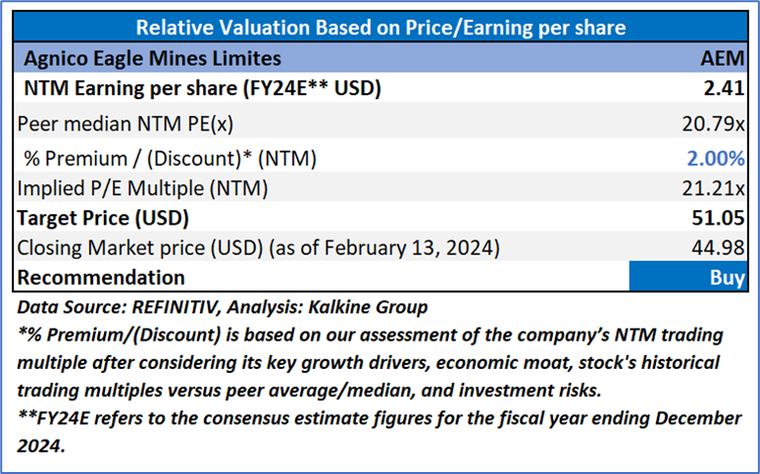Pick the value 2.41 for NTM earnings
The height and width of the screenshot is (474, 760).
[x=726, y=89]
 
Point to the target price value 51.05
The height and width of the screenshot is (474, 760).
[x=721, y=217]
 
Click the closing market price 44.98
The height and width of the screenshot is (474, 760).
[x=721, y=247]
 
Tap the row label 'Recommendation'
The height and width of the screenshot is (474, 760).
[x=101, y=278]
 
